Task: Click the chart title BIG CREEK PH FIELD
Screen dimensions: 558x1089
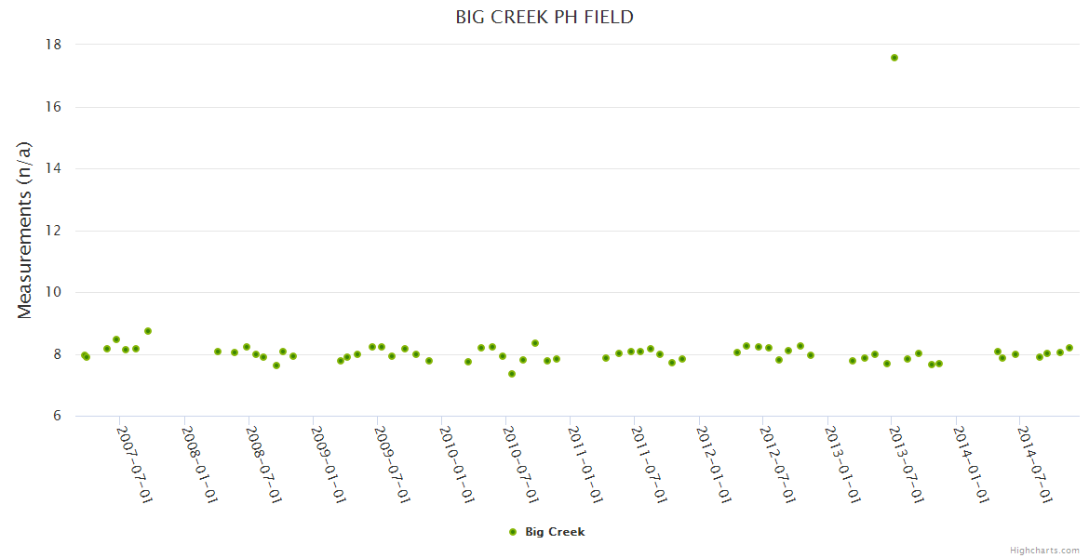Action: [544, 17]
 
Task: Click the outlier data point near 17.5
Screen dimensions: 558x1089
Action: [894, 58]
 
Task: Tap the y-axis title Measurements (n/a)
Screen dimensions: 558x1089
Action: [25, 231]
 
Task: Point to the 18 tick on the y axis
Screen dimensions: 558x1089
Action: [53, 45]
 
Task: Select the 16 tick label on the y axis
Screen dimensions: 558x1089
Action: [53, 107]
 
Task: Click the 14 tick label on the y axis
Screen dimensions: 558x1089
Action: [53, 168]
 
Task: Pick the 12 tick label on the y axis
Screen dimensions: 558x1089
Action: [53, 231]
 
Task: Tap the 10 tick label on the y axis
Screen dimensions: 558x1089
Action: [53, 292]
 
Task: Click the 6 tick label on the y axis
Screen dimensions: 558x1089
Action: [57, 416]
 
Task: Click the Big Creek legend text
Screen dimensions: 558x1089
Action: [555, 532]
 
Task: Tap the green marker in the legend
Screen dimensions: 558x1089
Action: [512, 532]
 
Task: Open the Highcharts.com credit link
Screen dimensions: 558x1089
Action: [1044, 550]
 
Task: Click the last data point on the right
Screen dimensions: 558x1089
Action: [1069, 348]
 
